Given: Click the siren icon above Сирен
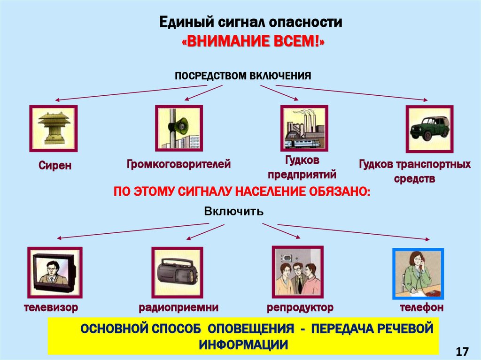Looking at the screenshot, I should [x=54, y=128].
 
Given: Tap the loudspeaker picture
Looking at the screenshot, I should [x=179, y=128].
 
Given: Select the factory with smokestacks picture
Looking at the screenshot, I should [x=304, y=128].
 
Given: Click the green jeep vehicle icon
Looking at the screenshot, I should [x=429, y=128].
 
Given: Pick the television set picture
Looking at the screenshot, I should [x=54, y=272].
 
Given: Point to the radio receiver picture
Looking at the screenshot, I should [x=177, y=272].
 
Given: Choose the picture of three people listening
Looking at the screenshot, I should [x=297, y=272].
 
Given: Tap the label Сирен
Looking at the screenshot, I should [x=55, y=166].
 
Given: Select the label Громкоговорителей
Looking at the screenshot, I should [x=178, y=164].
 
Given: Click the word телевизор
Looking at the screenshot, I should [x=51, y=308].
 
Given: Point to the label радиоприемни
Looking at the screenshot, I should [x=178, y=308].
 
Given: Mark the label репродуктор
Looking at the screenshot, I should [x=301, y=308].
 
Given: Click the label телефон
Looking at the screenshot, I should [x=422, y=308].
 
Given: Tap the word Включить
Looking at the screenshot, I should [x=233, y=211].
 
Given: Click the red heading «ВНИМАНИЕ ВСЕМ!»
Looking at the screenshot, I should [x=253, y=42].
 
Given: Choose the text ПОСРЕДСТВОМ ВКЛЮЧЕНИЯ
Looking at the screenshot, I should [x=243, y=76].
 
